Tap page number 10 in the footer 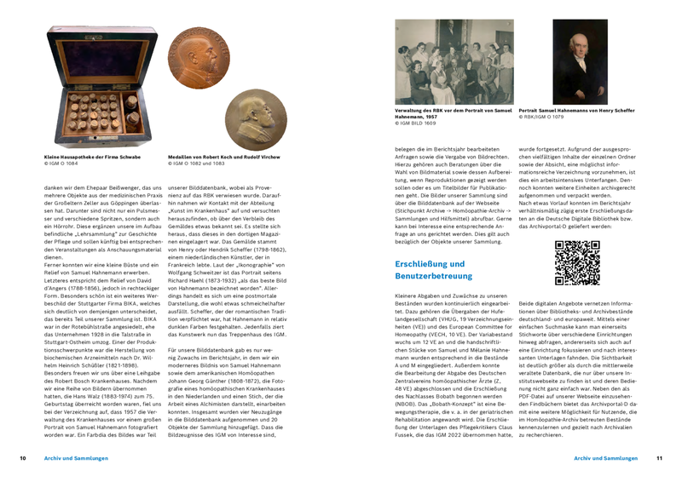(x=23, y=458)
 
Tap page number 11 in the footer (x=659, y=458)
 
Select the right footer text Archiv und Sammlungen (x=605, y=458)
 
